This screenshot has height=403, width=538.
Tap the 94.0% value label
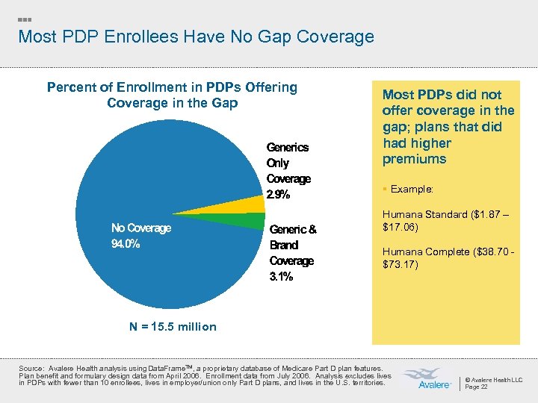pos(126,244)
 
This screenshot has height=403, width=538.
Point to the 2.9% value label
pos(279,196)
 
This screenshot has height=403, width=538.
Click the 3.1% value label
pos(281,277)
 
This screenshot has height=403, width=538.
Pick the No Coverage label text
pos(141,228)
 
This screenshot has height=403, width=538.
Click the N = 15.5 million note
pos(161,326)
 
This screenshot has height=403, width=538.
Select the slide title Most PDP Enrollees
pos(195,36)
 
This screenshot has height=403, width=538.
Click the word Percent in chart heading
pos(72,87)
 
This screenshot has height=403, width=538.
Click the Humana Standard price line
pos(445,220)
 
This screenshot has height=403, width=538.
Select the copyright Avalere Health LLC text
pos(494,379)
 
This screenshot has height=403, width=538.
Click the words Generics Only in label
pos(287,155)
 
